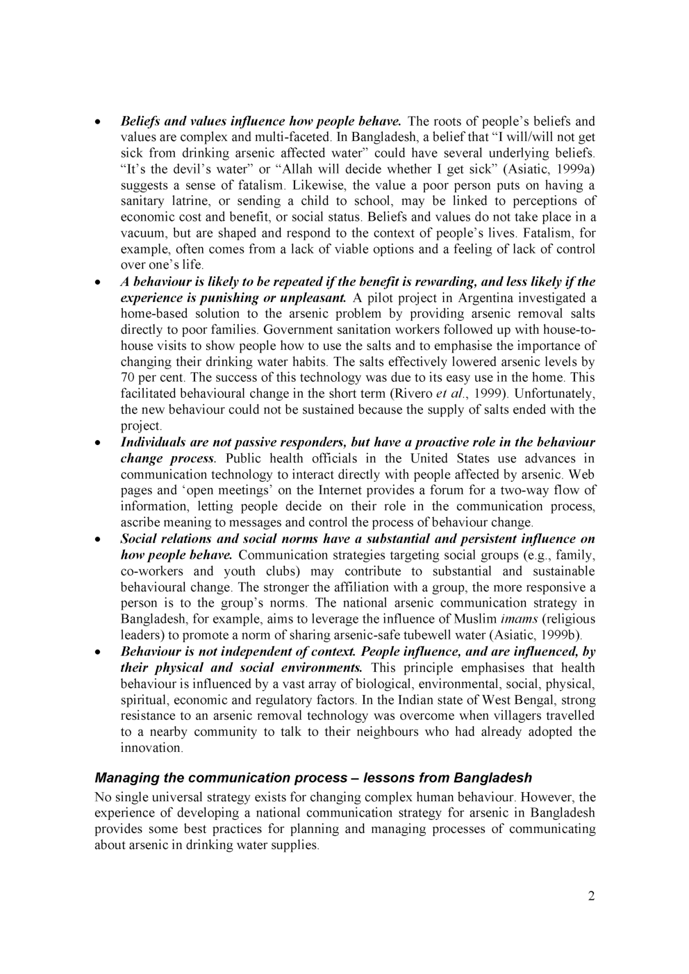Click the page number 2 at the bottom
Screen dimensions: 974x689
591,896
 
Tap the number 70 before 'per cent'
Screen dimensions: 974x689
128,378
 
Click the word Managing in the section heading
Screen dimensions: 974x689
123,778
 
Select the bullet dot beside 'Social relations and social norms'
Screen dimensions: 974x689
99,539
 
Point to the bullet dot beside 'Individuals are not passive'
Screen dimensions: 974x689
99,443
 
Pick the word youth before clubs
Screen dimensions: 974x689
239,571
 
